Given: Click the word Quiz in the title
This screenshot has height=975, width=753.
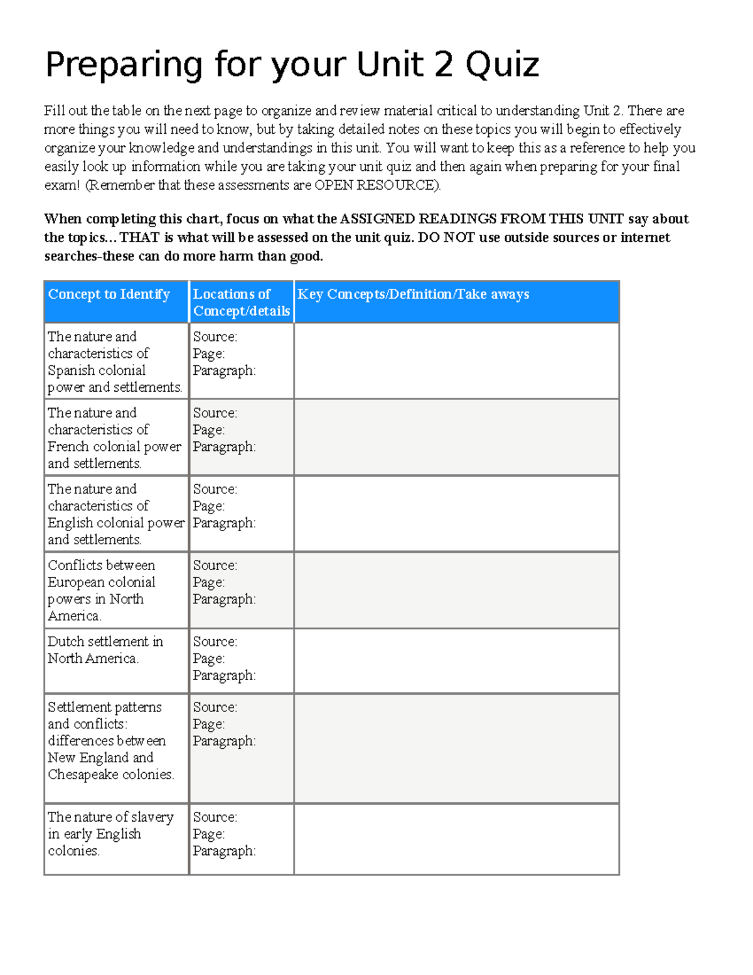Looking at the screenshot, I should (x=502, y=65).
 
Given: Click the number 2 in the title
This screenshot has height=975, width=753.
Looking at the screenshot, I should (x=443, y=65).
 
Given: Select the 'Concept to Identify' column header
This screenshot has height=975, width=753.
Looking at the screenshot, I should (x=109, y=294).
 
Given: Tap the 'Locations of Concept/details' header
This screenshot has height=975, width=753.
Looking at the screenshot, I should (x=241, y=302).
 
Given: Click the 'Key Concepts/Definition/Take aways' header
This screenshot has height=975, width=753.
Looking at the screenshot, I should (x=413, y=294).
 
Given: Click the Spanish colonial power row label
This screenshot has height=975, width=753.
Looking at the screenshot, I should (x=115, y=362).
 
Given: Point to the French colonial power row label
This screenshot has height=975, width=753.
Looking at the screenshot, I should (x=115, y=438).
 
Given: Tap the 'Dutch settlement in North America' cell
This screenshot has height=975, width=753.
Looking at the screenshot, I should (x=105, y=650).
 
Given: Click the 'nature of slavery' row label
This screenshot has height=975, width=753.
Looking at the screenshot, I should (x=110, y=834).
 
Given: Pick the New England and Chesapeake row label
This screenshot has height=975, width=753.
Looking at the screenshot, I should (x=110, y=741).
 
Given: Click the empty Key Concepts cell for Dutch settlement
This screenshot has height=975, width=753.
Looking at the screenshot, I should (x=456, y=660).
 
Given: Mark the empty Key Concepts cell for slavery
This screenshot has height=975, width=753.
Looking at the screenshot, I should (x=456, y=839).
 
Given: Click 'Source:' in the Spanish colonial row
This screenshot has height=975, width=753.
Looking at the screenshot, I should (x=215, y=337).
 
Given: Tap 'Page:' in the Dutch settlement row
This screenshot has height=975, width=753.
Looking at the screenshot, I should (x=208, y=659).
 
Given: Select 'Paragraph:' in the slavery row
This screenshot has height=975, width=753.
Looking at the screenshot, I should (x=224, y=851).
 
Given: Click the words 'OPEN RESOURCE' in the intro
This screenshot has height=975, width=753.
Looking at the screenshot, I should (x=376, y=185).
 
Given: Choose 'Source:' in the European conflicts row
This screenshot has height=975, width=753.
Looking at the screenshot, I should (x=215, y=566).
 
